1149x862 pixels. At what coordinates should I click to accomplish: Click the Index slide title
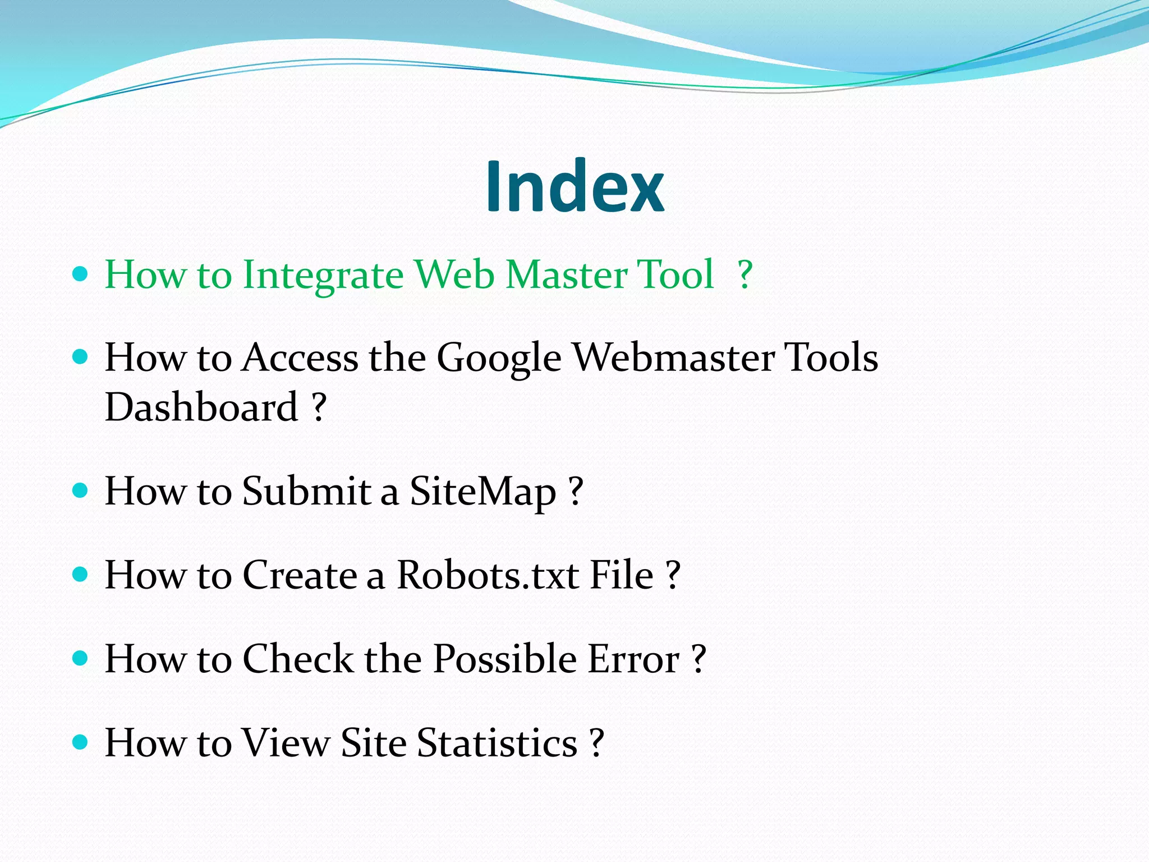pos(574,186)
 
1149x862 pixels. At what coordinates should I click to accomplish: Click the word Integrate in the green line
pos(323,276)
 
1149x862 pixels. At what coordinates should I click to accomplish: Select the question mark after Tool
pos(745,274)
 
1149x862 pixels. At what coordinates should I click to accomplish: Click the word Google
pos(499,358)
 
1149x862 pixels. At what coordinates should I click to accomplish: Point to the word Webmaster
pos(673,357)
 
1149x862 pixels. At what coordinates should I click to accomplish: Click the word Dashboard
pos(201,407)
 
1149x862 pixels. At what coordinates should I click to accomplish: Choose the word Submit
pos(306,491)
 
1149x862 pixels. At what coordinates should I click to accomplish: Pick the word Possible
pos(504,658)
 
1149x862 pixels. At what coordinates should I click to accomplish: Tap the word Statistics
pos(497,742)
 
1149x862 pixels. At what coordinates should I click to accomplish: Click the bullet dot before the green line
pos(81,274)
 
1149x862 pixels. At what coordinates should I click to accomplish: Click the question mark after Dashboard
pos(319,407)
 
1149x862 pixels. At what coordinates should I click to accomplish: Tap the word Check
pos(297,658)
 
